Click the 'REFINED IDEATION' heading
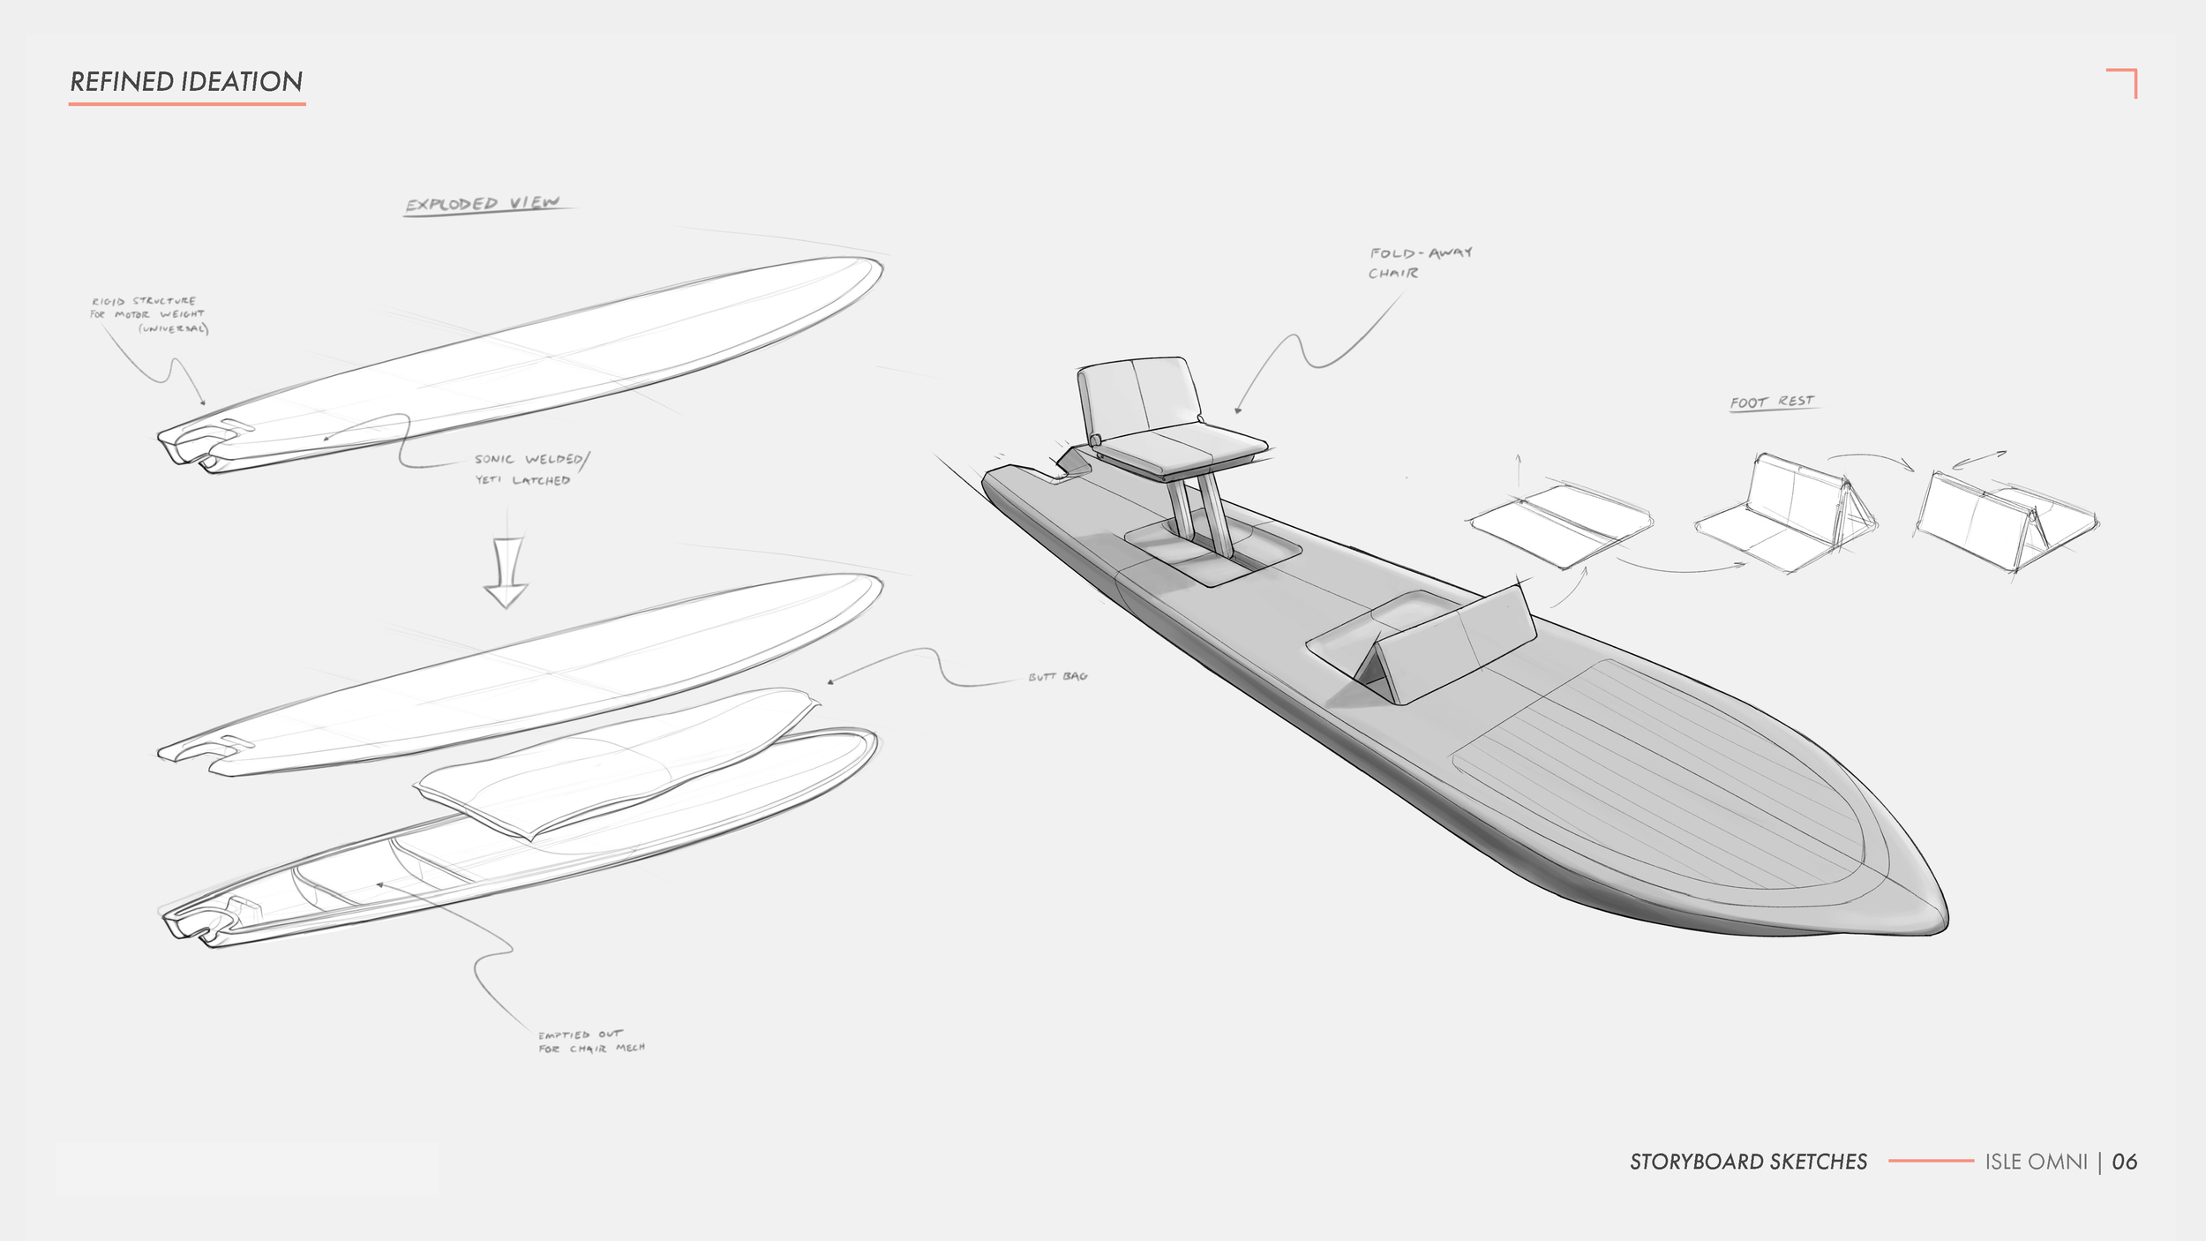186,82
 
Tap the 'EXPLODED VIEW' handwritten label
483,204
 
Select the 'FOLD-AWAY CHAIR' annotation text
1419,263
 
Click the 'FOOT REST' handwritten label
1772,402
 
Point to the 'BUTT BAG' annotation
1057,677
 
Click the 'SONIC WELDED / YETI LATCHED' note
529,470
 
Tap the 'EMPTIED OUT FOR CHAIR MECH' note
591,1042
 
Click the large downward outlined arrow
506,573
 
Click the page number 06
2125,1162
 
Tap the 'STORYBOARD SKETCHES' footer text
1748,1162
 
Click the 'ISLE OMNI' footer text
2036,1162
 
